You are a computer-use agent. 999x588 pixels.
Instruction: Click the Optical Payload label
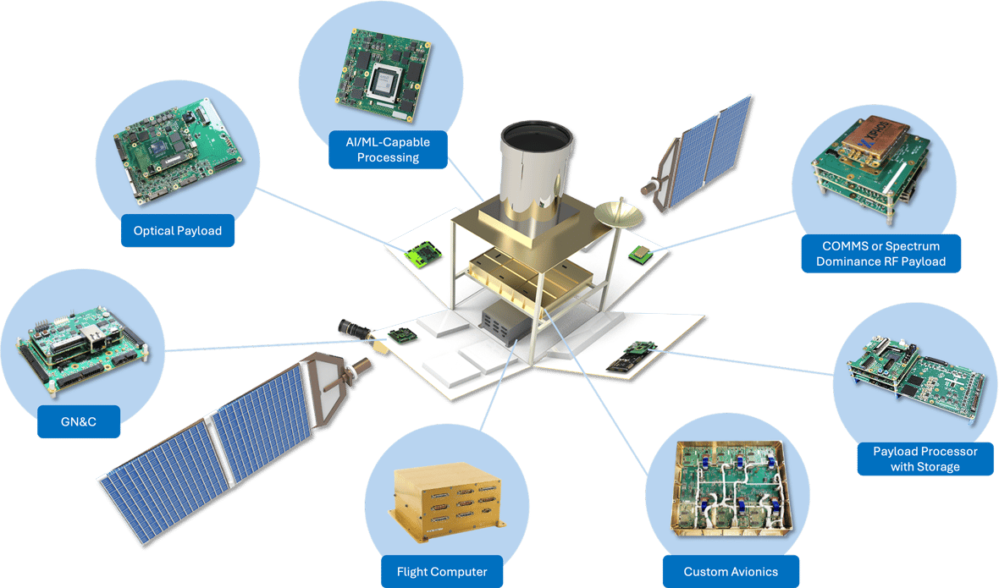[178, 230]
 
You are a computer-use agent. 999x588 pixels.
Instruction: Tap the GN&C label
[78, 421]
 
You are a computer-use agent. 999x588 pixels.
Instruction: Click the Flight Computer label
[441, 572]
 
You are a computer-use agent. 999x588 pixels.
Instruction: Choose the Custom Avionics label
[731, 572]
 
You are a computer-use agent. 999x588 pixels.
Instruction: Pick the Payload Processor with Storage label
[924, 459]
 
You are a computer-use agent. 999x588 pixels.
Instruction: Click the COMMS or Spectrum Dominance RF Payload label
[880, 254]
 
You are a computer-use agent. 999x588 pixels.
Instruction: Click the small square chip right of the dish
[640, 251]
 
